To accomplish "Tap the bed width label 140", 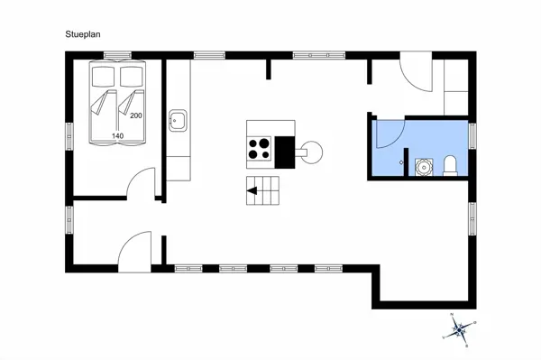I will tap(117, 135).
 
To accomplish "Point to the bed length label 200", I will tap(136, 116).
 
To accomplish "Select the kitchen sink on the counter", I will tap(177, 120).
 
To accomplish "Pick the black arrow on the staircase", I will tap(254, 190).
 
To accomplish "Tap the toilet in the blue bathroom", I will tap(450, 164).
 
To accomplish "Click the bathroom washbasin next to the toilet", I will tap(424, 166).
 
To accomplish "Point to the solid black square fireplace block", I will tap(285, 151).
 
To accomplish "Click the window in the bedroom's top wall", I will tap(113, 56).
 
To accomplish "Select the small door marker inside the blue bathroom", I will tap(402, 161).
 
